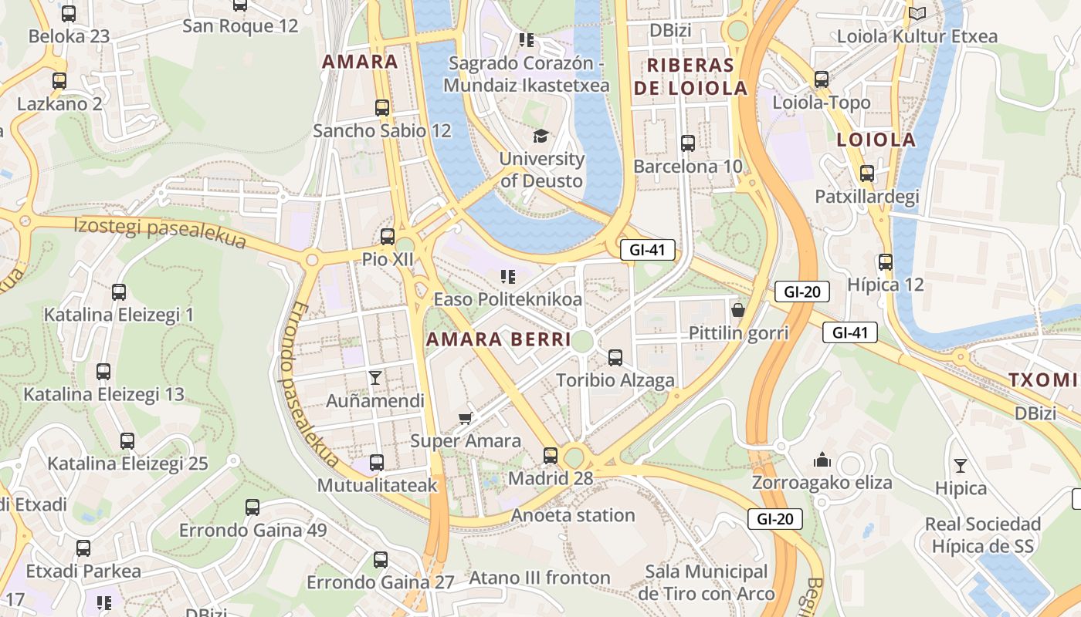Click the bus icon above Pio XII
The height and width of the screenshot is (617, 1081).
pyautogui.click(x=388, y=237)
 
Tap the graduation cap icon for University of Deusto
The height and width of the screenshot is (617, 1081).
pyautogui.click(x=540, y=136)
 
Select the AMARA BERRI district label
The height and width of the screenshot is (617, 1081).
pyautogui.click(x=498, y=339)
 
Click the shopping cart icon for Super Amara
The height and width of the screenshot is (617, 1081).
pyautogui.click(x=465, y=418)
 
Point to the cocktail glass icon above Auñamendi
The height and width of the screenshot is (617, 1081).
pyautogui.click(x=375, y=377)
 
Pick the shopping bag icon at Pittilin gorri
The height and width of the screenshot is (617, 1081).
pyautogui.click(x=738, y=310)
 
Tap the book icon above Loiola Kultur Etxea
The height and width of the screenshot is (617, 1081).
pyautogui.click(x=917, y=13)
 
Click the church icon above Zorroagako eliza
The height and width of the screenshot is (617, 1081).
pyautogui.click(x=822, y=460)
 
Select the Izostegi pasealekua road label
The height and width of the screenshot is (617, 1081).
pyautogui.click(x=160, y=233)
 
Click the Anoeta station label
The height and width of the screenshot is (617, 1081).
pyautogui.click(x=573, y=515)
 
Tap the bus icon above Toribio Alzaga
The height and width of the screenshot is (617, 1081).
pyautogui.click(x=615, y=358)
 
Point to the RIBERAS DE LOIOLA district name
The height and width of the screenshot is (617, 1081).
pyautogui.click(x=690, y=76)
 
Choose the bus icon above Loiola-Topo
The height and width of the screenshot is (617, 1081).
pyautogui.click(x=822, y=79)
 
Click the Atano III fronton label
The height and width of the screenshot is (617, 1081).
pyautogui.click(x=540, y=578)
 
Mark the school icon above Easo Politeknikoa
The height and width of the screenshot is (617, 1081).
pyautogui.click(x=507, y=276)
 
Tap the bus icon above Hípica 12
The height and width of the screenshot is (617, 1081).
pyautogui.click(x=886, y=262)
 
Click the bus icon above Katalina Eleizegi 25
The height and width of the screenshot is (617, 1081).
pyautogui.click(x=127, y=441)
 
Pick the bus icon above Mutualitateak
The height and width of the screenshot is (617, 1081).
pyautogui.click(x=377, y=463)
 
